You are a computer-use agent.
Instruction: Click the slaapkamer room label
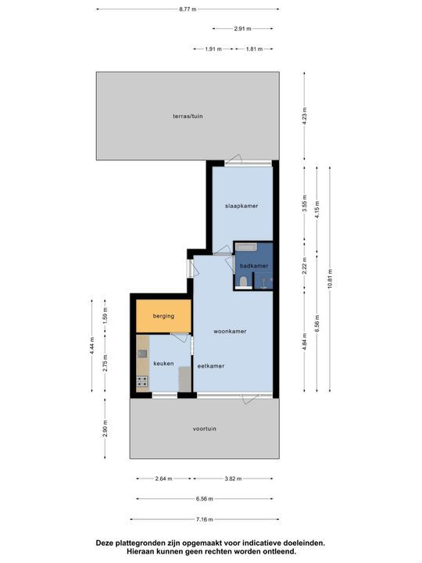(241, 206)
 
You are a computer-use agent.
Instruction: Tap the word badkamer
(254, 266)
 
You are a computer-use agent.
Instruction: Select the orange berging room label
(163, 317)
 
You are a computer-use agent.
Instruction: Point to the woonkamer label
(230, 331)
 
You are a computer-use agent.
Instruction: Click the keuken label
(163, 364)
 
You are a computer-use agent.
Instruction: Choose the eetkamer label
(211, 366)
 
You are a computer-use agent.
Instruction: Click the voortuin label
(205, 429)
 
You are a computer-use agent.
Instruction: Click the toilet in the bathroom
(244, 282)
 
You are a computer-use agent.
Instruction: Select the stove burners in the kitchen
(142, 382)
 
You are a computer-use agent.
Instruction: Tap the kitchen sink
(142, 354)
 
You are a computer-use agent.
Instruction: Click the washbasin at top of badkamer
(245, 247)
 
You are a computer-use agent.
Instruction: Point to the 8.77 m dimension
(187, 9)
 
